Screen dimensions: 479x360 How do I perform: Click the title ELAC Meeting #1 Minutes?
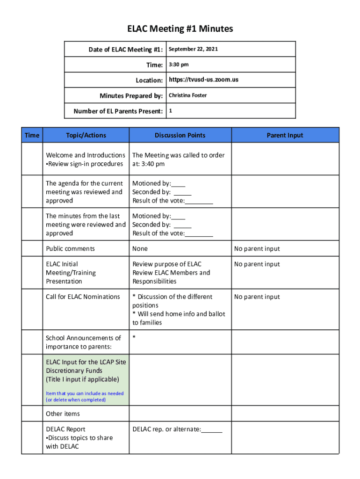coord(180,29)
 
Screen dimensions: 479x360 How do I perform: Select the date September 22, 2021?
coord(193,49)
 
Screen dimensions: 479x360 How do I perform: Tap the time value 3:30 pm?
coord(179,65)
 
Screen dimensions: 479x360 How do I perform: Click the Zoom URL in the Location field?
coord(203,80)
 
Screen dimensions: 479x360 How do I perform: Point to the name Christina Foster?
coord(187,95)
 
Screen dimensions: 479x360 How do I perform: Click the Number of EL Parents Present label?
coord(118,111)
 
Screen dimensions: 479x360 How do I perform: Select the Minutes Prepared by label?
coord(131,96)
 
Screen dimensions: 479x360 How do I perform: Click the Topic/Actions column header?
coord(86,135)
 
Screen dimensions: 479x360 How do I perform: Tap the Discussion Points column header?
coord(180,135)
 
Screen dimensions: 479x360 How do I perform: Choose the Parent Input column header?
coord(285,135)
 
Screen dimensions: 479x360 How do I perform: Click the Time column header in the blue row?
coord(32,135)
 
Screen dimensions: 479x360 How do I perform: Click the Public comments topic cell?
coord(70,248)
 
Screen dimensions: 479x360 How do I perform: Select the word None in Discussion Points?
coord(140,248)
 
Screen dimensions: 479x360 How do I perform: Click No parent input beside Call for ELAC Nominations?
coord(257,297)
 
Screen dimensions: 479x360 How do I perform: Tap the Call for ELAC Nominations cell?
coord(83,297)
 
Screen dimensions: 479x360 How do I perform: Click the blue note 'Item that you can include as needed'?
coord(85,393)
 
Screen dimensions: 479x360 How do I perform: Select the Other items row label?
coord(63,414)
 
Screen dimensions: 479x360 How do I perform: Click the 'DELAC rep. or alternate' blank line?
coord(212,429)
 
